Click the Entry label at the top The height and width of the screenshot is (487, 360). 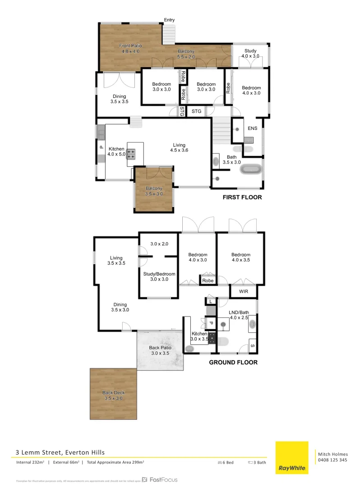[169, 20]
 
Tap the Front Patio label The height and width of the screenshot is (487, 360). [129, 49]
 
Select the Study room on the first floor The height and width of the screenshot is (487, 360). [250, 54]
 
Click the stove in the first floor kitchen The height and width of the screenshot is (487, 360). [131, 155]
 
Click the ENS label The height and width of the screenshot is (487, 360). [252, 129]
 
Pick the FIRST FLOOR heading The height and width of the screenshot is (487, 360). [243, 198]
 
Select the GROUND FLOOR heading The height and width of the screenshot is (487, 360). [233, 362]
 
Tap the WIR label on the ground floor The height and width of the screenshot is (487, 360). [244, 291]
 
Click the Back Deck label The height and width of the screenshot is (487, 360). [113, 395]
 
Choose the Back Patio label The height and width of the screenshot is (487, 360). [159, 351]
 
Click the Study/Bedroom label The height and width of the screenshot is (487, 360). [159, 276]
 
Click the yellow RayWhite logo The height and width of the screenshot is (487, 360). [292, 458]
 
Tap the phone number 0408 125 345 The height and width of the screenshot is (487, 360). [332, 460]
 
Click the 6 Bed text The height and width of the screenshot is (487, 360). [226, 463]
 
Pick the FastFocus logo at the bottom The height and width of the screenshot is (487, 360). [160, 480]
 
